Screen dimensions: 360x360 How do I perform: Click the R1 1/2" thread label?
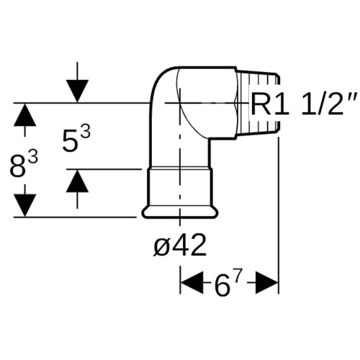coord(305,104)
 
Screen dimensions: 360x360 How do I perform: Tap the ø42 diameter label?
coord(180,244)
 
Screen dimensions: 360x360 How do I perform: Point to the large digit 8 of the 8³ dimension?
coord(18,166)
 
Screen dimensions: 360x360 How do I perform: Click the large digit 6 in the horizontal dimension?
coord(221,285)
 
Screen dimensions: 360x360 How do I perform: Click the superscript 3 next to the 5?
coord(86,132)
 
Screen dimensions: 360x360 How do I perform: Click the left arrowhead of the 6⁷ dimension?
coord(192,283)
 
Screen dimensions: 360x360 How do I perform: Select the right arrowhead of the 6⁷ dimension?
coord(266,283)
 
